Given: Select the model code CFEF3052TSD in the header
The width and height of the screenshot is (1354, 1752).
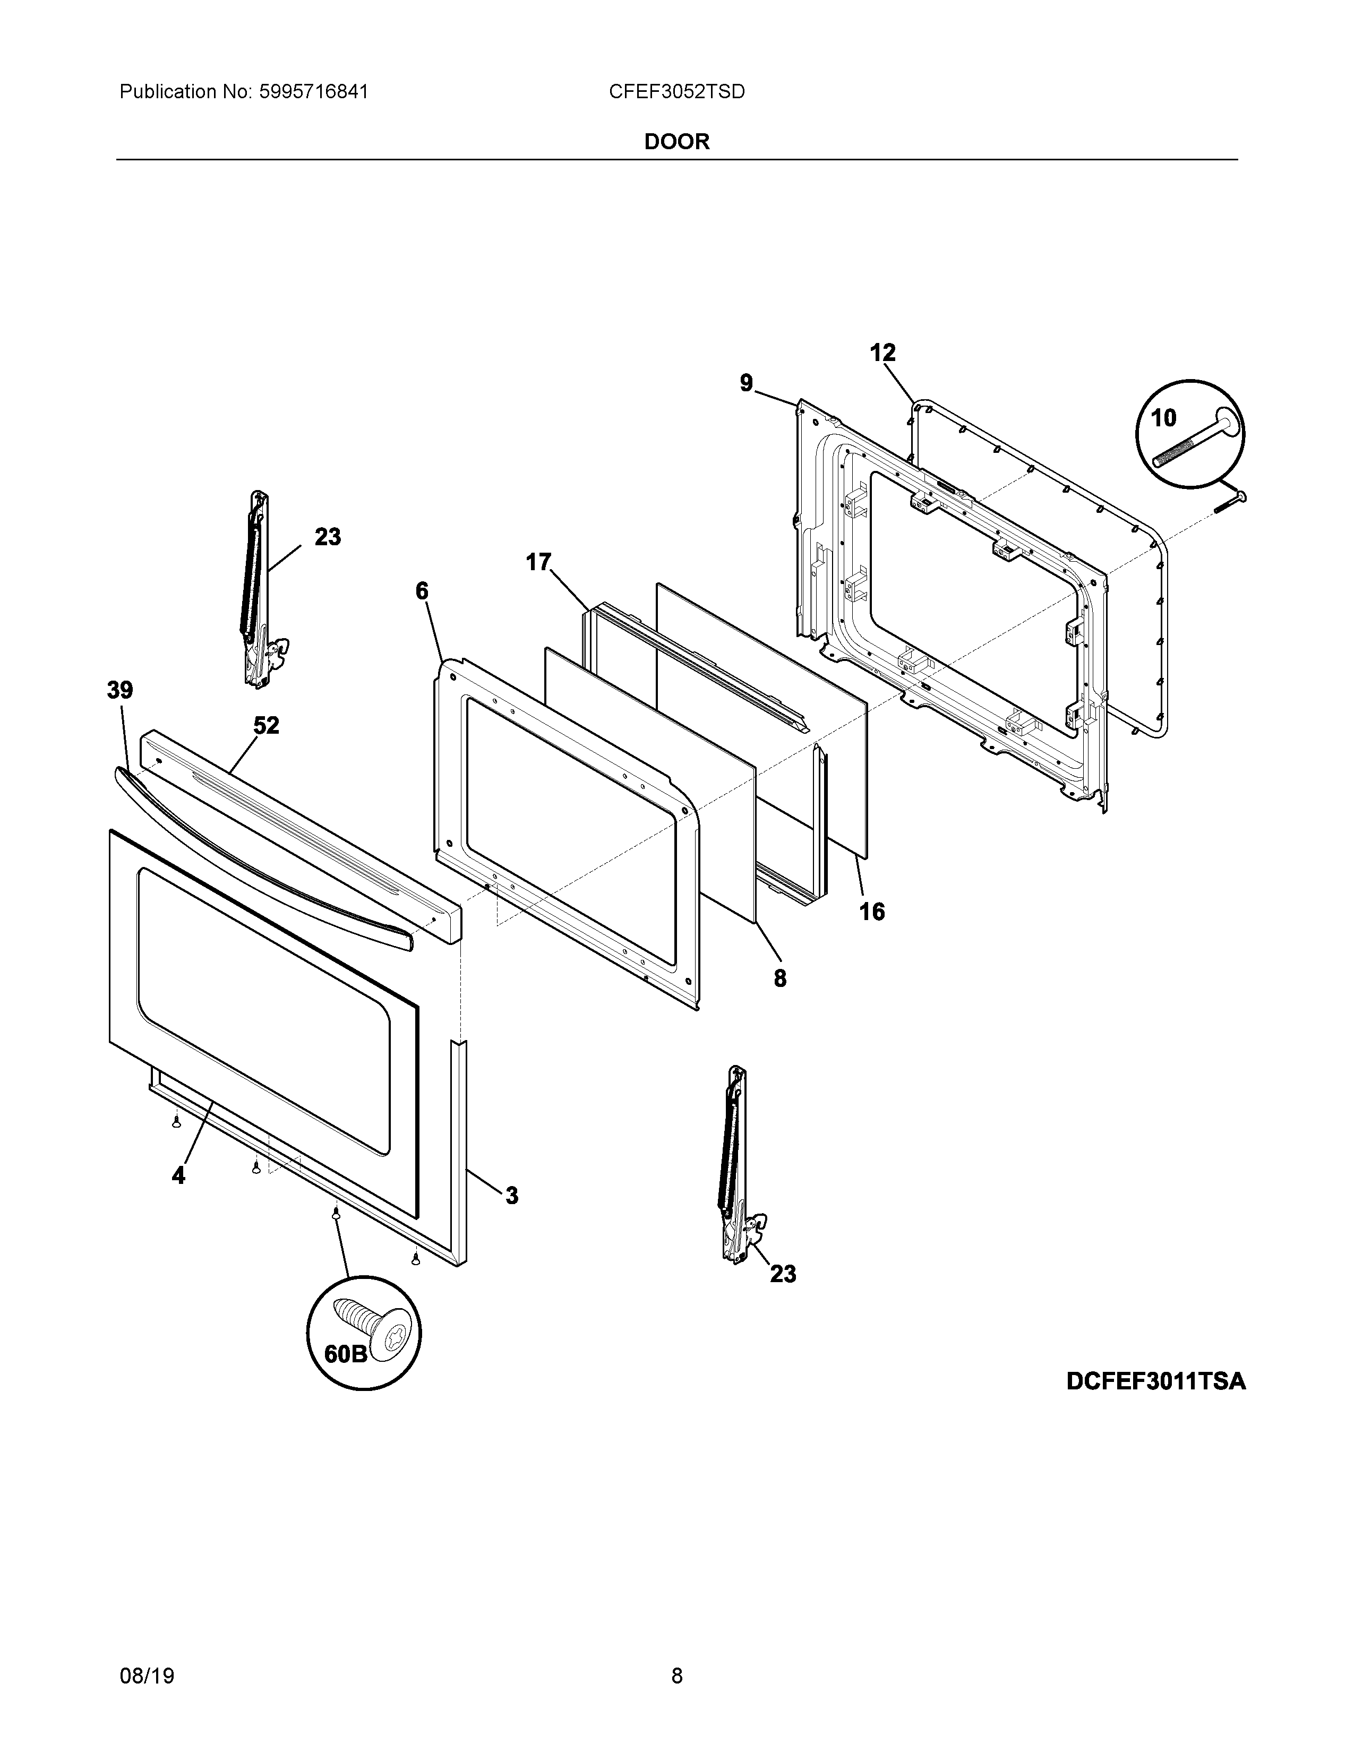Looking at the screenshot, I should click(x=676, y=92).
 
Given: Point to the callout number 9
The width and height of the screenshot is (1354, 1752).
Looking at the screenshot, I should click(x=746, y=383).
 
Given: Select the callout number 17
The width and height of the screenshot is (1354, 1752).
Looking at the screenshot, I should click(x=538, y=562).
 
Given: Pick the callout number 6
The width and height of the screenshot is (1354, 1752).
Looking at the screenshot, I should click(x=422, y=591).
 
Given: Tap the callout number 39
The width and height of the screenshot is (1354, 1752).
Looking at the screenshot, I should click(x=121, y=690).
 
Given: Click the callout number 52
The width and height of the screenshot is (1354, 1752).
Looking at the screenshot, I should click(x=267, y=725).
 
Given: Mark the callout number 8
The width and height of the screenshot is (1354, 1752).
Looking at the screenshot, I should click(x=779, y=978).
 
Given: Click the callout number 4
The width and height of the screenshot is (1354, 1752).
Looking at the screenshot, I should click(x=178, y=1176).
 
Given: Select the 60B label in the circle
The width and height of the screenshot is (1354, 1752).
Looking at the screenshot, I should click(x=345, y=1354).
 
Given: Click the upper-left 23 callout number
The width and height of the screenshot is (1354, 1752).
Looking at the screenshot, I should click(x=327, y=537).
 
